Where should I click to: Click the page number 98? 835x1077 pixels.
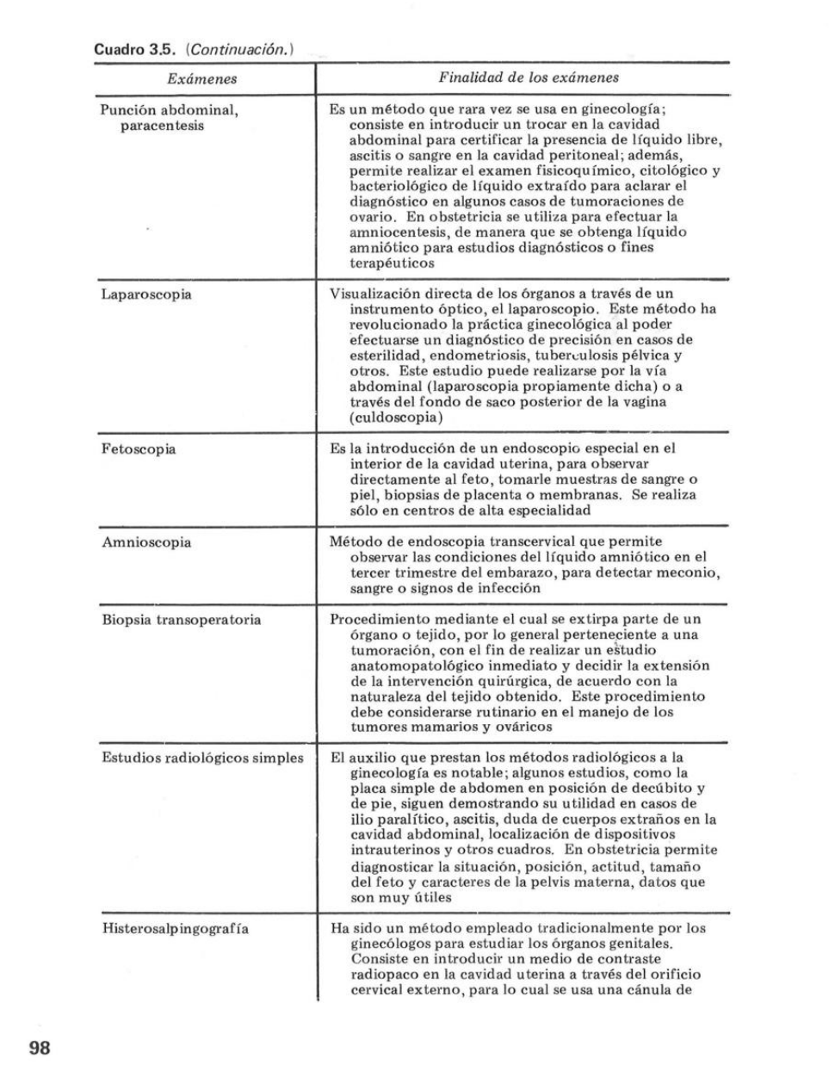click(40, 1047)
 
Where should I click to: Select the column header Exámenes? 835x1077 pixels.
click(202, 79)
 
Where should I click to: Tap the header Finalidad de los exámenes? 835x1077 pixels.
click(529, 77)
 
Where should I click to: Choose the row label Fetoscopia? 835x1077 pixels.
click(139, 449)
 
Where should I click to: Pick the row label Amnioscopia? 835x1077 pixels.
click(145, 542)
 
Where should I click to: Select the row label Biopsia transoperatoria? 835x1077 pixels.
click(181, 620)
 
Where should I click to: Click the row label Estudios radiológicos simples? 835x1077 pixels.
click(202, 758)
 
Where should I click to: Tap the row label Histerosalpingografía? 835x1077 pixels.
click(176, 929)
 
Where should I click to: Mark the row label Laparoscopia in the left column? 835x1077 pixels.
click(145, 294)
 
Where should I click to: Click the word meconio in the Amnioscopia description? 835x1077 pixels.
click(691, 573)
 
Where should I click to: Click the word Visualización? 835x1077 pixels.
click(372, 294)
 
